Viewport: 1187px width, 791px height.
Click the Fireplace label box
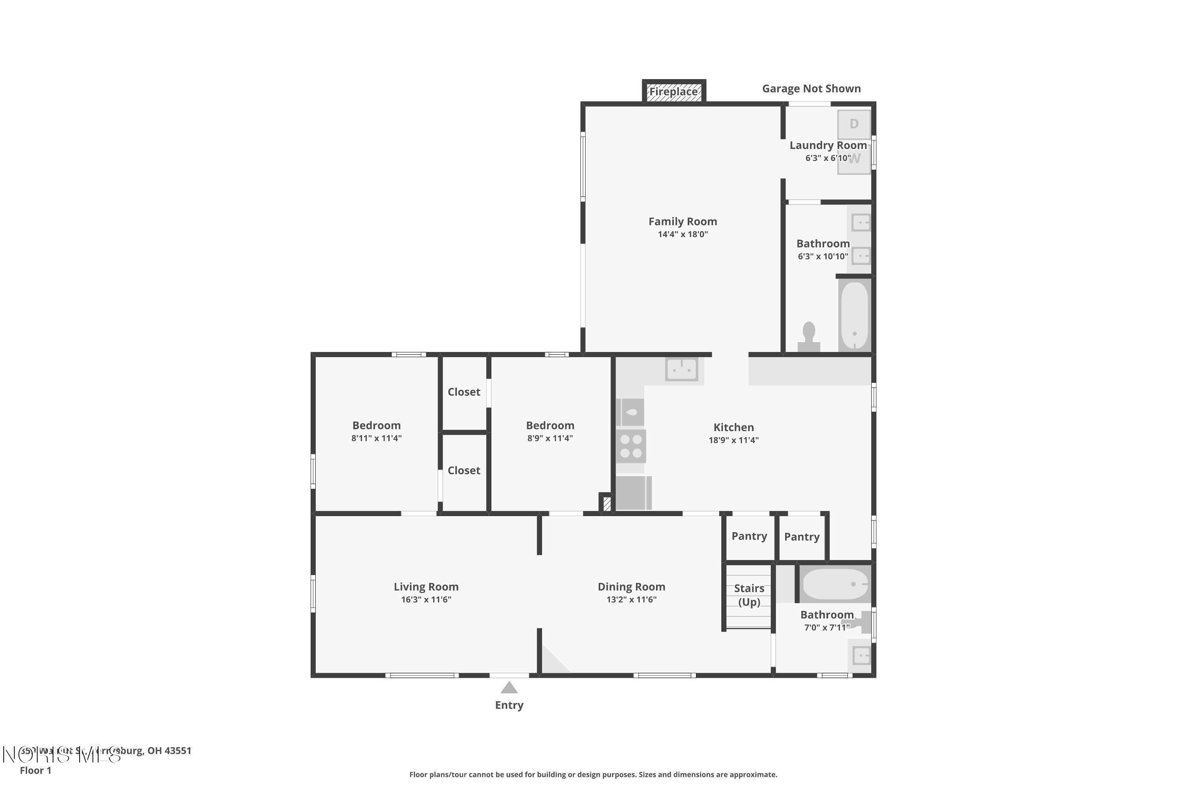coord(673,92)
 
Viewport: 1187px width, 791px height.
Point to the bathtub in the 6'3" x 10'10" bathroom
coord(854,315)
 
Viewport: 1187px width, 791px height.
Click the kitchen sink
coord(681,370)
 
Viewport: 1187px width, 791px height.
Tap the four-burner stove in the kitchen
coord(631,447)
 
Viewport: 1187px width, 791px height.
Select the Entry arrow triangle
coord(509,688)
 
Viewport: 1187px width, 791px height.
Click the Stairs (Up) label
coord(749,595)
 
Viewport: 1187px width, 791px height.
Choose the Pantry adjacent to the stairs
coord(749,536)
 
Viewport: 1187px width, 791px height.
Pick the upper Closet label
coord(464,392)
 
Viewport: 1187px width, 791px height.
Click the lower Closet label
coord(464,471)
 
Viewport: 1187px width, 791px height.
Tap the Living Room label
coord(426,587)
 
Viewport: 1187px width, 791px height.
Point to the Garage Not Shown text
coord(811,89)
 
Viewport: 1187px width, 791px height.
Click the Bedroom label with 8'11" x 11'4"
coord(377,425)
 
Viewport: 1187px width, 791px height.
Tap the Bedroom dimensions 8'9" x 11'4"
coord(550,438)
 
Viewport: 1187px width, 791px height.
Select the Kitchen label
coord(733,427)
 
